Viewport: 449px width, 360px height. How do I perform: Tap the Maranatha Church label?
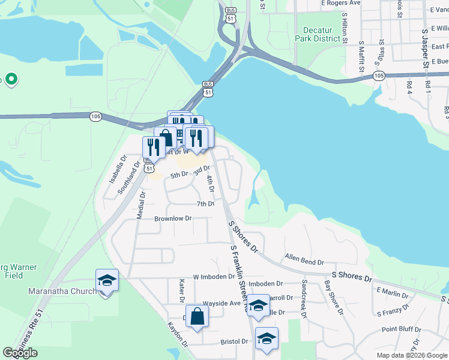(62, 292)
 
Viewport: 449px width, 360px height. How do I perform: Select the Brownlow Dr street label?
(172, 218)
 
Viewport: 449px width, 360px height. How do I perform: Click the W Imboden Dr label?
(212, 277)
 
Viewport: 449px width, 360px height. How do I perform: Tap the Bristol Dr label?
(234, 341)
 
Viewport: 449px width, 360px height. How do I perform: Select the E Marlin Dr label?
(392, 293)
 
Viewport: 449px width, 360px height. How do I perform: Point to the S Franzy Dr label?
(393, 309)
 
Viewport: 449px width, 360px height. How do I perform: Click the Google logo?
(20, 353)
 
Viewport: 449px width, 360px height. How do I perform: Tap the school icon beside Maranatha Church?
(107, 281)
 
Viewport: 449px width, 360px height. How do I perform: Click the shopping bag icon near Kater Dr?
(197, 316)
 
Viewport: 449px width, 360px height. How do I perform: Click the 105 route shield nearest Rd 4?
(378, 76)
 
